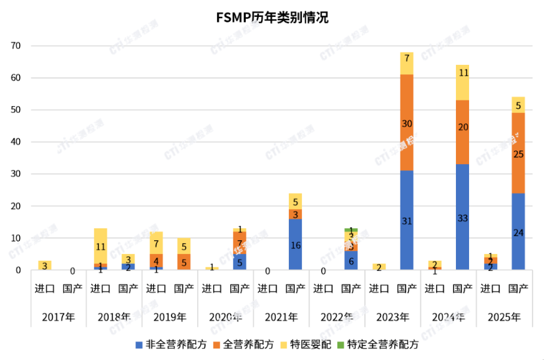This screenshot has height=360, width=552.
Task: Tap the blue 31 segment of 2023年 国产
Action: point(407,220)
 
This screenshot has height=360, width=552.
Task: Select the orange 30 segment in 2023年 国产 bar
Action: point(407,124)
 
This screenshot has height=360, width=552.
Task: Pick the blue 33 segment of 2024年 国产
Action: point(462,217)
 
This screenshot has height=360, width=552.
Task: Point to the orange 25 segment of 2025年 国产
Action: point(518,153)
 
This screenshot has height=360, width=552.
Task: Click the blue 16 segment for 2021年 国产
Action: point(296,245)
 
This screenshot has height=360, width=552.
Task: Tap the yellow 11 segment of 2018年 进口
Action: point(101,246)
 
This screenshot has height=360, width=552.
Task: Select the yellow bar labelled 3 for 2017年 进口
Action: point(45,265)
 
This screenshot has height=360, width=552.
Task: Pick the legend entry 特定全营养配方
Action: point(377,344)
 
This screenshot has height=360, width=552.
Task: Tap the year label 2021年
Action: point(281,317)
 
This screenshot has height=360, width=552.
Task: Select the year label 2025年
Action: point(503,317)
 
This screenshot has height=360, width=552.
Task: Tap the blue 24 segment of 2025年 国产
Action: point(518,231)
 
